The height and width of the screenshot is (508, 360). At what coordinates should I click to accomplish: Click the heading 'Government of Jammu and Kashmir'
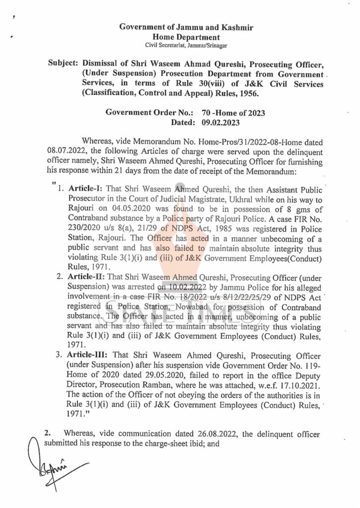180,27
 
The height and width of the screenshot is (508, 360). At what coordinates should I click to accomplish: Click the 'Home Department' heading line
180,37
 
